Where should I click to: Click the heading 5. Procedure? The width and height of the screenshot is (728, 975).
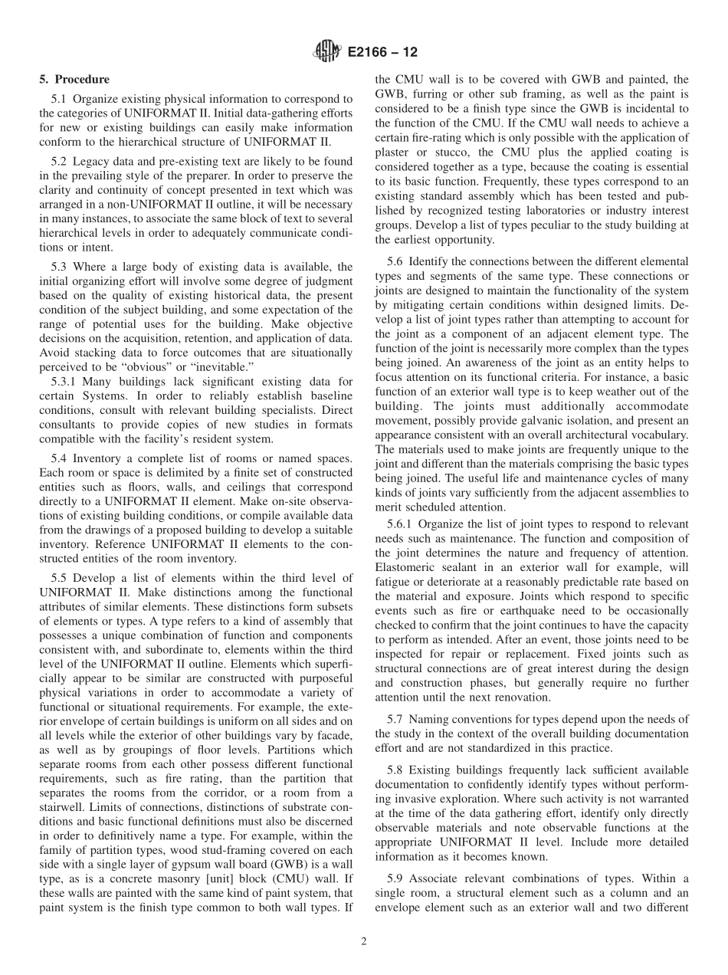point(74,80)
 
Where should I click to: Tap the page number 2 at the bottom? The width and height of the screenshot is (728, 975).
point(364,942)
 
